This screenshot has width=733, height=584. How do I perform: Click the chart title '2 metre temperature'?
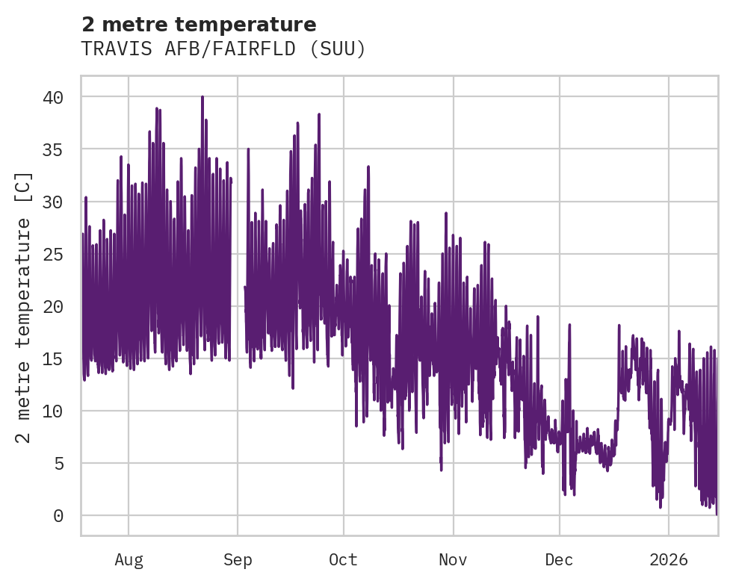[x=199, y=25]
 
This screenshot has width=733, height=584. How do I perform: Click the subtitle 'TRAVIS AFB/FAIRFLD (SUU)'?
[x=223, y=49]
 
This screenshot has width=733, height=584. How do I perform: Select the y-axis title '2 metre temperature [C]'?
[x=24, y=306]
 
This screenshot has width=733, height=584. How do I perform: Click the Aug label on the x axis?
[x=129, y=560]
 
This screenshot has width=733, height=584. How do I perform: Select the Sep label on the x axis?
[x=238, y=560]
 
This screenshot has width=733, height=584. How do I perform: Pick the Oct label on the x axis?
[x=344, y=560]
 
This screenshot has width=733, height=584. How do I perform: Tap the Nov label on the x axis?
[x=453, y=560]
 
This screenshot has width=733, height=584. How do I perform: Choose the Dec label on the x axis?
[x=559, y=560]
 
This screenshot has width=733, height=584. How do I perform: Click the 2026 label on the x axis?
[x=669, y=560]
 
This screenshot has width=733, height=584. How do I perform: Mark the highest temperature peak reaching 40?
[x=202, y=97]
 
